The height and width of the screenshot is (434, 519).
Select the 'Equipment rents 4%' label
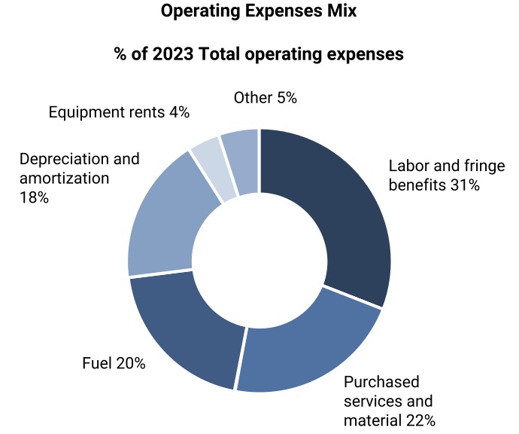pyautogui.click(x=119, y=112)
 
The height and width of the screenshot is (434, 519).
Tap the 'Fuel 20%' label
pyautogui.click(x=114, y=364)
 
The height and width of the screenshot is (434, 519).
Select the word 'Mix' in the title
pyautogui.click(x=341, y=12)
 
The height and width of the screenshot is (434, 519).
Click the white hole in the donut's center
pyautogui.click(x=259, y=260)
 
